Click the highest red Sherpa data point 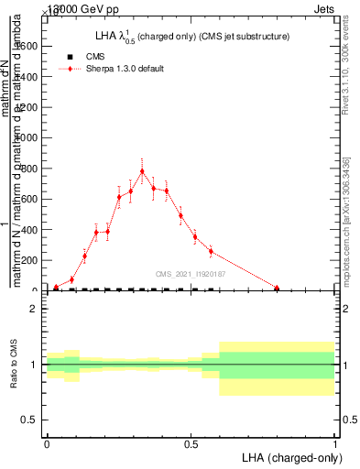(142, 170)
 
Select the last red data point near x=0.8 (277, 288)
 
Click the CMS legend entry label (95, 56)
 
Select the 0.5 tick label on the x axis (191, 443)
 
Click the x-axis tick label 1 (335, 443)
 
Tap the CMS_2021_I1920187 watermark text (190, 274)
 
